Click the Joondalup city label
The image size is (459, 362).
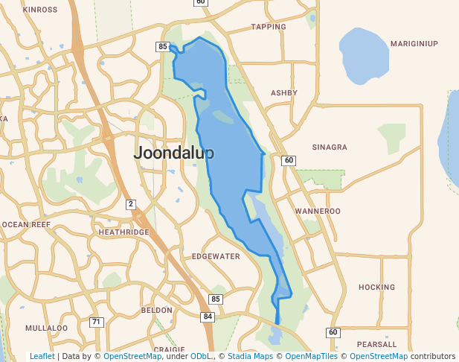(174, 153)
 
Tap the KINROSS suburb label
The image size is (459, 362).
(40, 10)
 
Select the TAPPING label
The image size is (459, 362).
(269, 27)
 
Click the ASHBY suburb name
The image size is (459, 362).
(284, 93)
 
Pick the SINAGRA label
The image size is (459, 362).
(330, 147)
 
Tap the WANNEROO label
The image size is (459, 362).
(318, 212)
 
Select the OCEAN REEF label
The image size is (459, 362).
(26, 224)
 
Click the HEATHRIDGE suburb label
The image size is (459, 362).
(123, 232)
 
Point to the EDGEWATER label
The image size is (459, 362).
(216, 256)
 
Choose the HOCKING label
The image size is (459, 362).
(376, 287)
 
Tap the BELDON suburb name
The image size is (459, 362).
(156, 310)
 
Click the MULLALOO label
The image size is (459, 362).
(46, 328)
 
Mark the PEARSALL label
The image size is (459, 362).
(376, 345)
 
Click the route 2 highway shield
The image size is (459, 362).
(130, 204)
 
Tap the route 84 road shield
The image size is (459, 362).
(208, 317)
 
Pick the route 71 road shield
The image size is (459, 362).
(96, 322)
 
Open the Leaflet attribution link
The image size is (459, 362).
(42, 356)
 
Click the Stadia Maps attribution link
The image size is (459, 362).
(252, 356)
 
